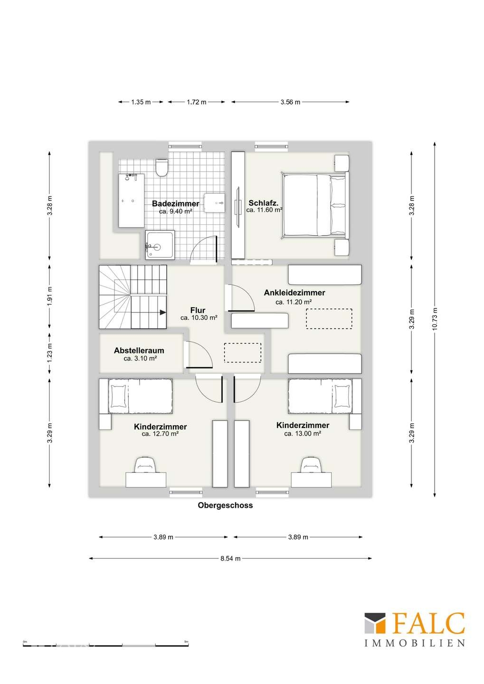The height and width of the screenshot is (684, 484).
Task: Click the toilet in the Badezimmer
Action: point(161,168)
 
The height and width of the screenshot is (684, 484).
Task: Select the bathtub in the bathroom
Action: point(131,200)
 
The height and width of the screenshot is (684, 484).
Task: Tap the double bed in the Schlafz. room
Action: point(314,205)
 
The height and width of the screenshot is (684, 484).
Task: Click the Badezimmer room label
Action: point(175,204)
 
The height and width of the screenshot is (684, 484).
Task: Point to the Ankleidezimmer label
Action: point(294,293)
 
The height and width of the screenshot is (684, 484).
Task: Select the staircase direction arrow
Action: point(162,312)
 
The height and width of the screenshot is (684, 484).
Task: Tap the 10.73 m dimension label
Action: point(435,319)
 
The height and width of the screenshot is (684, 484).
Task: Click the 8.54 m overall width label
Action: point(230,559)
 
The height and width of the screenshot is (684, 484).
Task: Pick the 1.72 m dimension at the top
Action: point(196,102)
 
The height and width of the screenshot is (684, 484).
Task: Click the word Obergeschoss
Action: point(225,505)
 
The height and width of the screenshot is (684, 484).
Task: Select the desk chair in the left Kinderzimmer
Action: point(146,465)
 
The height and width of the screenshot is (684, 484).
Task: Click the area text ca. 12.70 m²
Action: point(160,434)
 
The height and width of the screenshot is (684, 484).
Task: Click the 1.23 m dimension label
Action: point(49,352)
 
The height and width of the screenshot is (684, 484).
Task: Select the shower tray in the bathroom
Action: point(160,245)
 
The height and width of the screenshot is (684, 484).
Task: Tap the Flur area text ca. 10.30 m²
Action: point(199,318)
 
